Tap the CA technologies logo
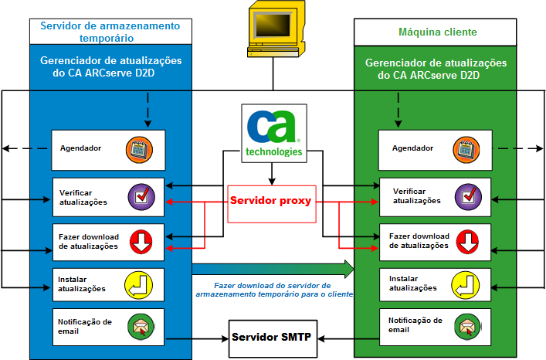[273, 133]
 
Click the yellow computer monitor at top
[273, 30]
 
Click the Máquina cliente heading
[437, 32]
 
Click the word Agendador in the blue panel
[81, 148]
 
